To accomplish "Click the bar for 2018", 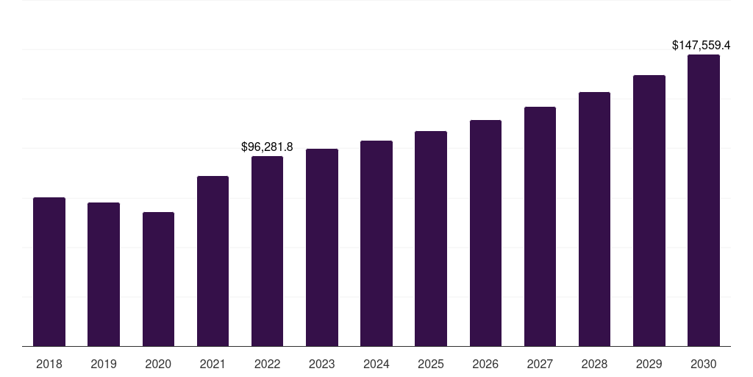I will tap(49, 272).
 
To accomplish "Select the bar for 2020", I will tap(158, 279).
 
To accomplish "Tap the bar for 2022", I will tap(267, 251).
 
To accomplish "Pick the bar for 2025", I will tap(431, 239).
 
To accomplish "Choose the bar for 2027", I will tap(540, 226).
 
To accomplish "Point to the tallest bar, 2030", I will tap(704, 200).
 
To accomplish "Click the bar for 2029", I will tap(649, 211).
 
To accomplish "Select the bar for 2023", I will tap(322, 247).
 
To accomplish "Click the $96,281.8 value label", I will tap(267, 147).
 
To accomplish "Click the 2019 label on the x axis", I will tap(104, 364).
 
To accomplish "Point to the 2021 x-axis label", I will tap(213, 364).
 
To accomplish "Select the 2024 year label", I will tap(376, 364).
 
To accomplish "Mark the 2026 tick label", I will tap(485, 364).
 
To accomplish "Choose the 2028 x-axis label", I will tap(594, 364).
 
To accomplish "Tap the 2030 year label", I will tap(704, 364).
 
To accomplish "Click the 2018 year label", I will tap(49, 364).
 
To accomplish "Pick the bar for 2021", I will tap(213, 261).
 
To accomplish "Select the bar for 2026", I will tap(485, 233).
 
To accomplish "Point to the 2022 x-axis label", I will tap(267, 364).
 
